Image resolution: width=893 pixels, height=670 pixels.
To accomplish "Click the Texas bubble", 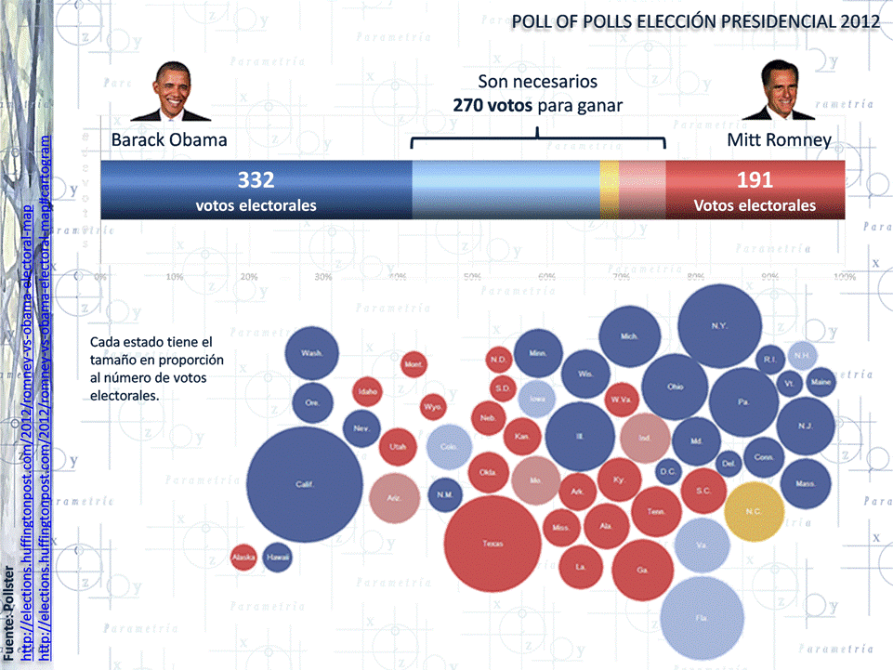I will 492,544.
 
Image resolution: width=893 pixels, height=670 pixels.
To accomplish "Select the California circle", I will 304,484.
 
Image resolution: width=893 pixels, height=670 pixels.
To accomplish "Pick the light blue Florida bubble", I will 703,616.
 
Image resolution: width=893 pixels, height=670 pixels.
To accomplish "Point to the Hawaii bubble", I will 277,558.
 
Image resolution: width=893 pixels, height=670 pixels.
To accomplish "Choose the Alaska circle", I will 243,558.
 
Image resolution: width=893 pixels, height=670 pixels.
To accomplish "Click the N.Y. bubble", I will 718,326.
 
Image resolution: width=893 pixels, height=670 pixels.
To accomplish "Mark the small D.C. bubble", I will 668,472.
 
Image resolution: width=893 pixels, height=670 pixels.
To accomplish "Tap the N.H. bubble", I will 802,355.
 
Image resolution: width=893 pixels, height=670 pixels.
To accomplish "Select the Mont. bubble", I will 413,365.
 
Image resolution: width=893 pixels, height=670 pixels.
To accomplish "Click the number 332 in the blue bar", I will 256,180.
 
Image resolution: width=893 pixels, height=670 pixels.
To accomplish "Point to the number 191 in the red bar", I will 755,180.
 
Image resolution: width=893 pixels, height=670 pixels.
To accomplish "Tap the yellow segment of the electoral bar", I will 610,190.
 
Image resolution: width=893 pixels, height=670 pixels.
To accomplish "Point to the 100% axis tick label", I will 844,277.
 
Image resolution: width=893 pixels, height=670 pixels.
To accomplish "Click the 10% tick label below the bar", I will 174,277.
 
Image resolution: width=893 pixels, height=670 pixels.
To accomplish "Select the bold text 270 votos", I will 492,105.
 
